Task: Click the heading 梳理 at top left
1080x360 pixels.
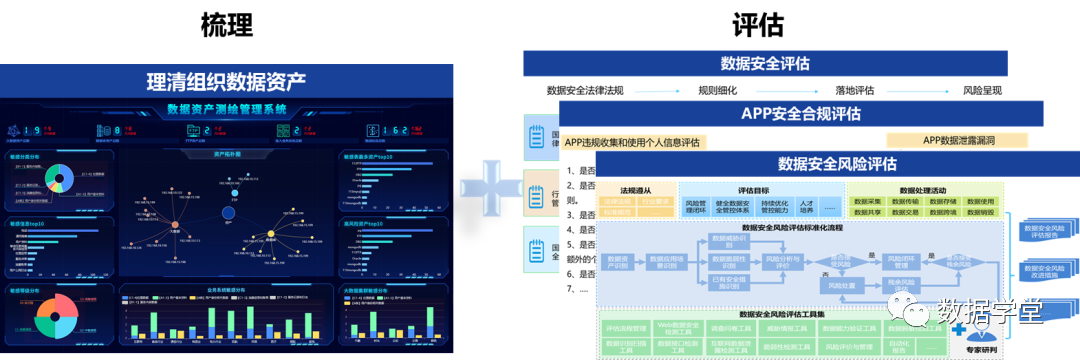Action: (226, 25)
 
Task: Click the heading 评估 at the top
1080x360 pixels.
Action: (757, 25)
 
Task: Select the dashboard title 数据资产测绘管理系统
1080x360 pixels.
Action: (226, 109)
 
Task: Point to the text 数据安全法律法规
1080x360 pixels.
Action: (585, 90)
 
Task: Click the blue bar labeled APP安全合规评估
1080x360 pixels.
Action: (800, 113)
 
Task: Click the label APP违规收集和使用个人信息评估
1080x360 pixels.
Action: (631, 142)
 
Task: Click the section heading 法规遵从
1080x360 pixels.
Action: (635, 189)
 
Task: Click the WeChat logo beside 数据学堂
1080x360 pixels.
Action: (914, 313)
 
